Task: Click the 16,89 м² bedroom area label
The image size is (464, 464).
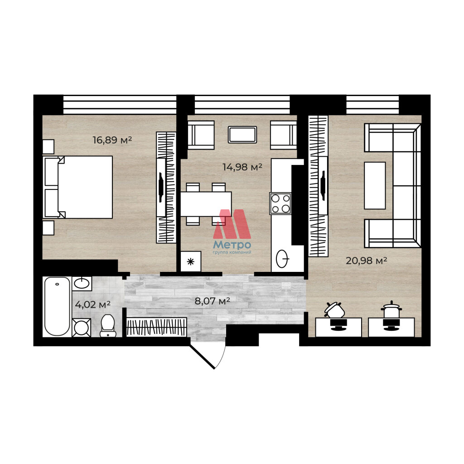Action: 112,140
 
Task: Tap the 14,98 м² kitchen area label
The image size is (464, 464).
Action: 242,167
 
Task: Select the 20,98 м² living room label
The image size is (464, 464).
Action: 366,261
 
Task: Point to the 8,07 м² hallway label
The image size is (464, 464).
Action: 212,301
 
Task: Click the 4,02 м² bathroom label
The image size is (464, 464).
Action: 92,304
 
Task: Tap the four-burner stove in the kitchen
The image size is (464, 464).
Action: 280,203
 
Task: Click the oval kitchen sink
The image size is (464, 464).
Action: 282,259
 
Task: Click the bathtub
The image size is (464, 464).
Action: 57,307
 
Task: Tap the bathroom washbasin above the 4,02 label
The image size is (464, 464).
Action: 82,284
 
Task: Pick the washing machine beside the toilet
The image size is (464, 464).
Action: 82,328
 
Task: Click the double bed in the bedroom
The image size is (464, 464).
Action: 78,187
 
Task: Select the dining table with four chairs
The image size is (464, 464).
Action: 206,204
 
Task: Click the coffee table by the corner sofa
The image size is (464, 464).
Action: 375,185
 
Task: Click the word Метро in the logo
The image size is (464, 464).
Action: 232,245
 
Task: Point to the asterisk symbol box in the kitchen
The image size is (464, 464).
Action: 191,261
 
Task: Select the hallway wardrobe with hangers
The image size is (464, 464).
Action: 156,327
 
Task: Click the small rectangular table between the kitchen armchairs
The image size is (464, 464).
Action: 242,135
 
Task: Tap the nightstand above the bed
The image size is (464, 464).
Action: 48,146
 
